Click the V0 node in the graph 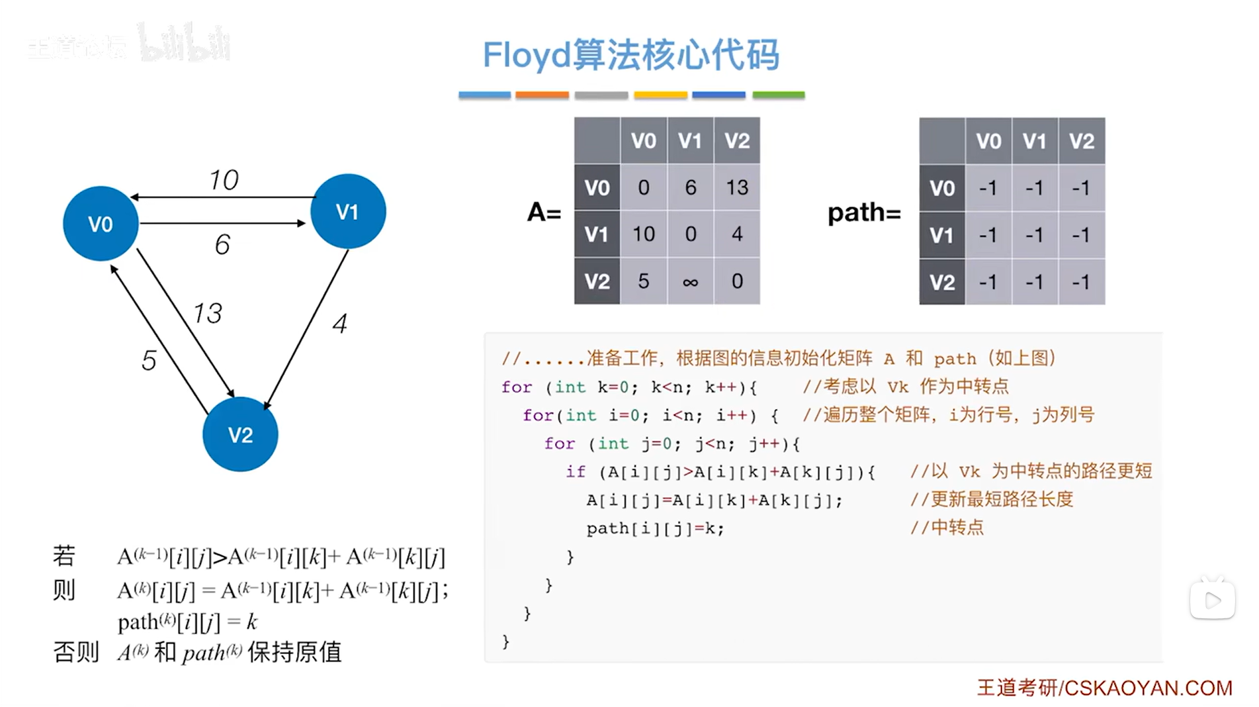click(101, 224)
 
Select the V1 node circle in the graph click(348, 211)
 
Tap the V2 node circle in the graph click(240, 434)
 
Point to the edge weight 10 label click(224, 180)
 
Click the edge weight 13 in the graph click(208, 313)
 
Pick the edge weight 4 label click(340, 324)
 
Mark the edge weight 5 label click(149, 361)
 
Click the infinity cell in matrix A click(690, 282)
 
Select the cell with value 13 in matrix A click(737, 187)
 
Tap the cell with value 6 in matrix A click(690, 187)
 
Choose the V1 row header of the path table click(941, 235)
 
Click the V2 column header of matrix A click(737, 140)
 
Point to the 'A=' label click(544, 212)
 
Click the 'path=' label click(864, 212)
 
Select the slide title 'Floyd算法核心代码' click(630, 54)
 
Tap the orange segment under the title click(542, 95)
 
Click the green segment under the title click(779, 95)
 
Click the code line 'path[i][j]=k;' click(655, 528)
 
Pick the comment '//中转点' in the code click(947, 528)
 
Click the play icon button click(1212, 600)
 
